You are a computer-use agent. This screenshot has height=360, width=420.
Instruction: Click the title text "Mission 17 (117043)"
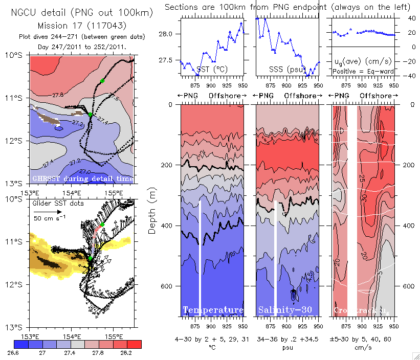point(81,25)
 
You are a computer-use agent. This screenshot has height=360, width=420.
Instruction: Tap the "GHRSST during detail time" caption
point(83,178)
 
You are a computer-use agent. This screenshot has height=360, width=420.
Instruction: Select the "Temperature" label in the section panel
point(213,310)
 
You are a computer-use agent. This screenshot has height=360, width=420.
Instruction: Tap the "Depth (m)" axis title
point(152,210)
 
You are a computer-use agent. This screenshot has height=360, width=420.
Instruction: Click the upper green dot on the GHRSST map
point(102,81)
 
